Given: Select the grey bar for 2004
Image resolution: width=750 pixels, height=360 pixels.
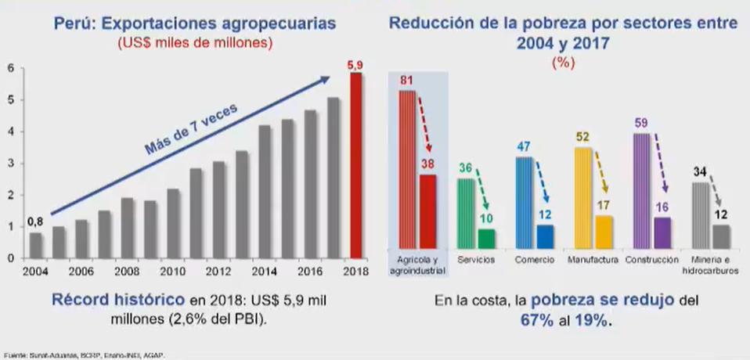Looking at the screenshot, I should (36, 245).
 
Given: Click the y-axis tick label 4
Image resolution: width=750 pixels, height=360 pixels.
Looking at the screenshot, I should (11, 131).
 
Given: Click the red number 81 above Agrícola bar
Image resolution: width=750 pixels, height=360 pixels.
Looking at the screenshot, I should (406, 80).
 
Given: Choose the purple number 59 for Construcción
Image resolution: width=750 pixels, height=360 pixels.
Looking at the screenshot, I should (641, 122).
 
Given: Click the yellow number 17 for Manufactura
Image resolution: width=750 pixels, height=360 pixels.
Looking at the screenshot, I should (604, 206).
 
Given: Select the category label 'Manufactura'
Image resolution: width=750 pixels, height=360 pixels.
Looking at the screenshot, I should (590, 260).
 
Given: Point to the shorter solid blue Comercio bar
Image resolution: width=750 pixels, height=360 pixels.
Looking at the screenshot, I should (545, 236).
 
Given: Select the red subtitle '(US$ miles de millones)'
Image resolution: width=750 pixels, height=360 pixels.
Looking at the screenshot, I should (195, 43).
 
